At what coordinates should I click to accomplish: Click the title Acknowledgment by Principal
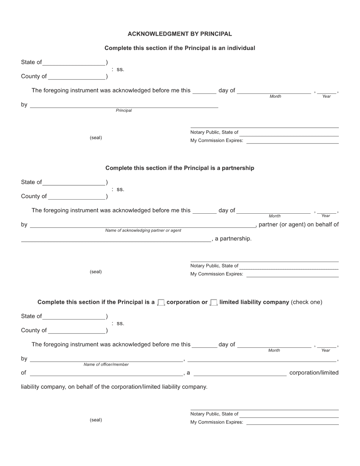180,34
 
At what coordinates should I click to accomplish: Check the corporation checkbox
161,302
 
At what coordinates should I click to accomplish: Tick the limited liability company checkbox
214,302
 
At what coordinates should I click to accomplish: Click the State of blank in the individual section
74,63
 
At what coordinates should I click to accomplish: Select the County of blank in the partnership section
77,197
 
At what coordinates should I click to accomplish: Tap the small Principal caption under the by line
124,111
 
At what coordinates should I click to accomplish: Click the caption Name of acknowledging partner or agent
143,230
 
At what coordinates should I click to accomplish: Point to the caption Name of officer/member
106,364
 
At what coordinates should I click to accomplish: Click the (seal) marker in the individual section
96,138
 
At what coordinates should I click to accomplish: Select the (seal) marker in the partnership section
96,272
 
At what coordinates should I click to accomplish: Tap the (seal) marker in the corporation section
96,420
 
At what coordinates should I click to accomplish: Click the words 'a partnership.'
233,239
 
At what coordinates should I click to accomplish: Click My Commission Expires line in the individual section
292,141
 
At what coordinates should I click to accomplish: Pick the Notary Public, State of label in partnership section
214,266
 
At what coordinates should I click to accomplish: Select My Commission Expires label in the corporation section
217,422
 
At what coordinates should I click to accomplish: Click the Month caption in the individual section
275,97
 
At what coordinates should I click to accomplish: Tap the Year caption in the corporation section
326,350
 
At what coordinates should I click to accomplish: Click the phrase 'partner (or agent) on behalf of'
299,225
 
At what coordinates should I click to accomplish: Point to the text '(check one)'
307,302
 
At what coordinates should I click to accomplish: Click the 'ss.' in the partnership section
120,189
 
